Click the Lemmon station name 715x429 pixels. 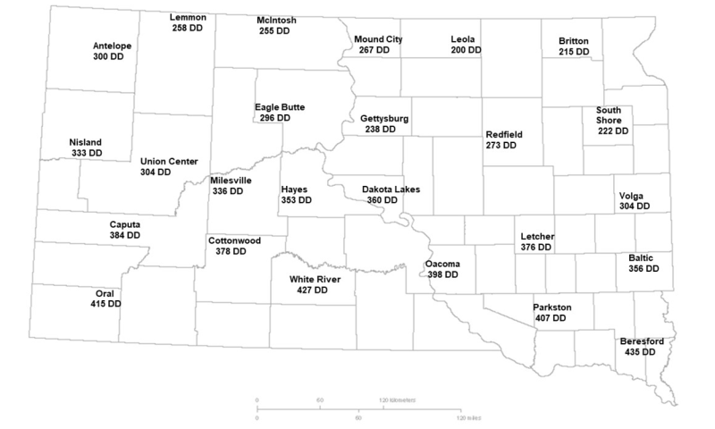[189, 18]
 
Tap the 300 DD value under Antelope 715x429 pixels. [108, 56]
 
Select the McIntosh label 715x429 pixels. [276, 19]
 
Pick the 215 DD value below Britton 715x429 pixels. [573, 53]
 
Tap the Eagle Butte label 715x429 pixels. [280, 106]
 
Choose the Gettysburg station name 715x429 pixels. [384, 118]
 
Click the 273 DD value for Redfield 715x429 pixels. [503, 145]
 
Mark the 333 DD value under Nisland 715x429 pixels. [86, 154]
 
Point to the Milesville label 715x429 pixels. [231, 180]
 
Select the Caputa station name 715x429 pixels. [124, 223]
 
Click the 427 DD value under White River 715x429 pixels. [321, 290]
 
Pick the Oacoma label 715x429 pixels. [442, 264]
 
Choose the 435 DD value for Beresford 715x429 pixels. [638, 353]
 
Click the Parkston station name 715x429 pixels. [551, 307]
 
